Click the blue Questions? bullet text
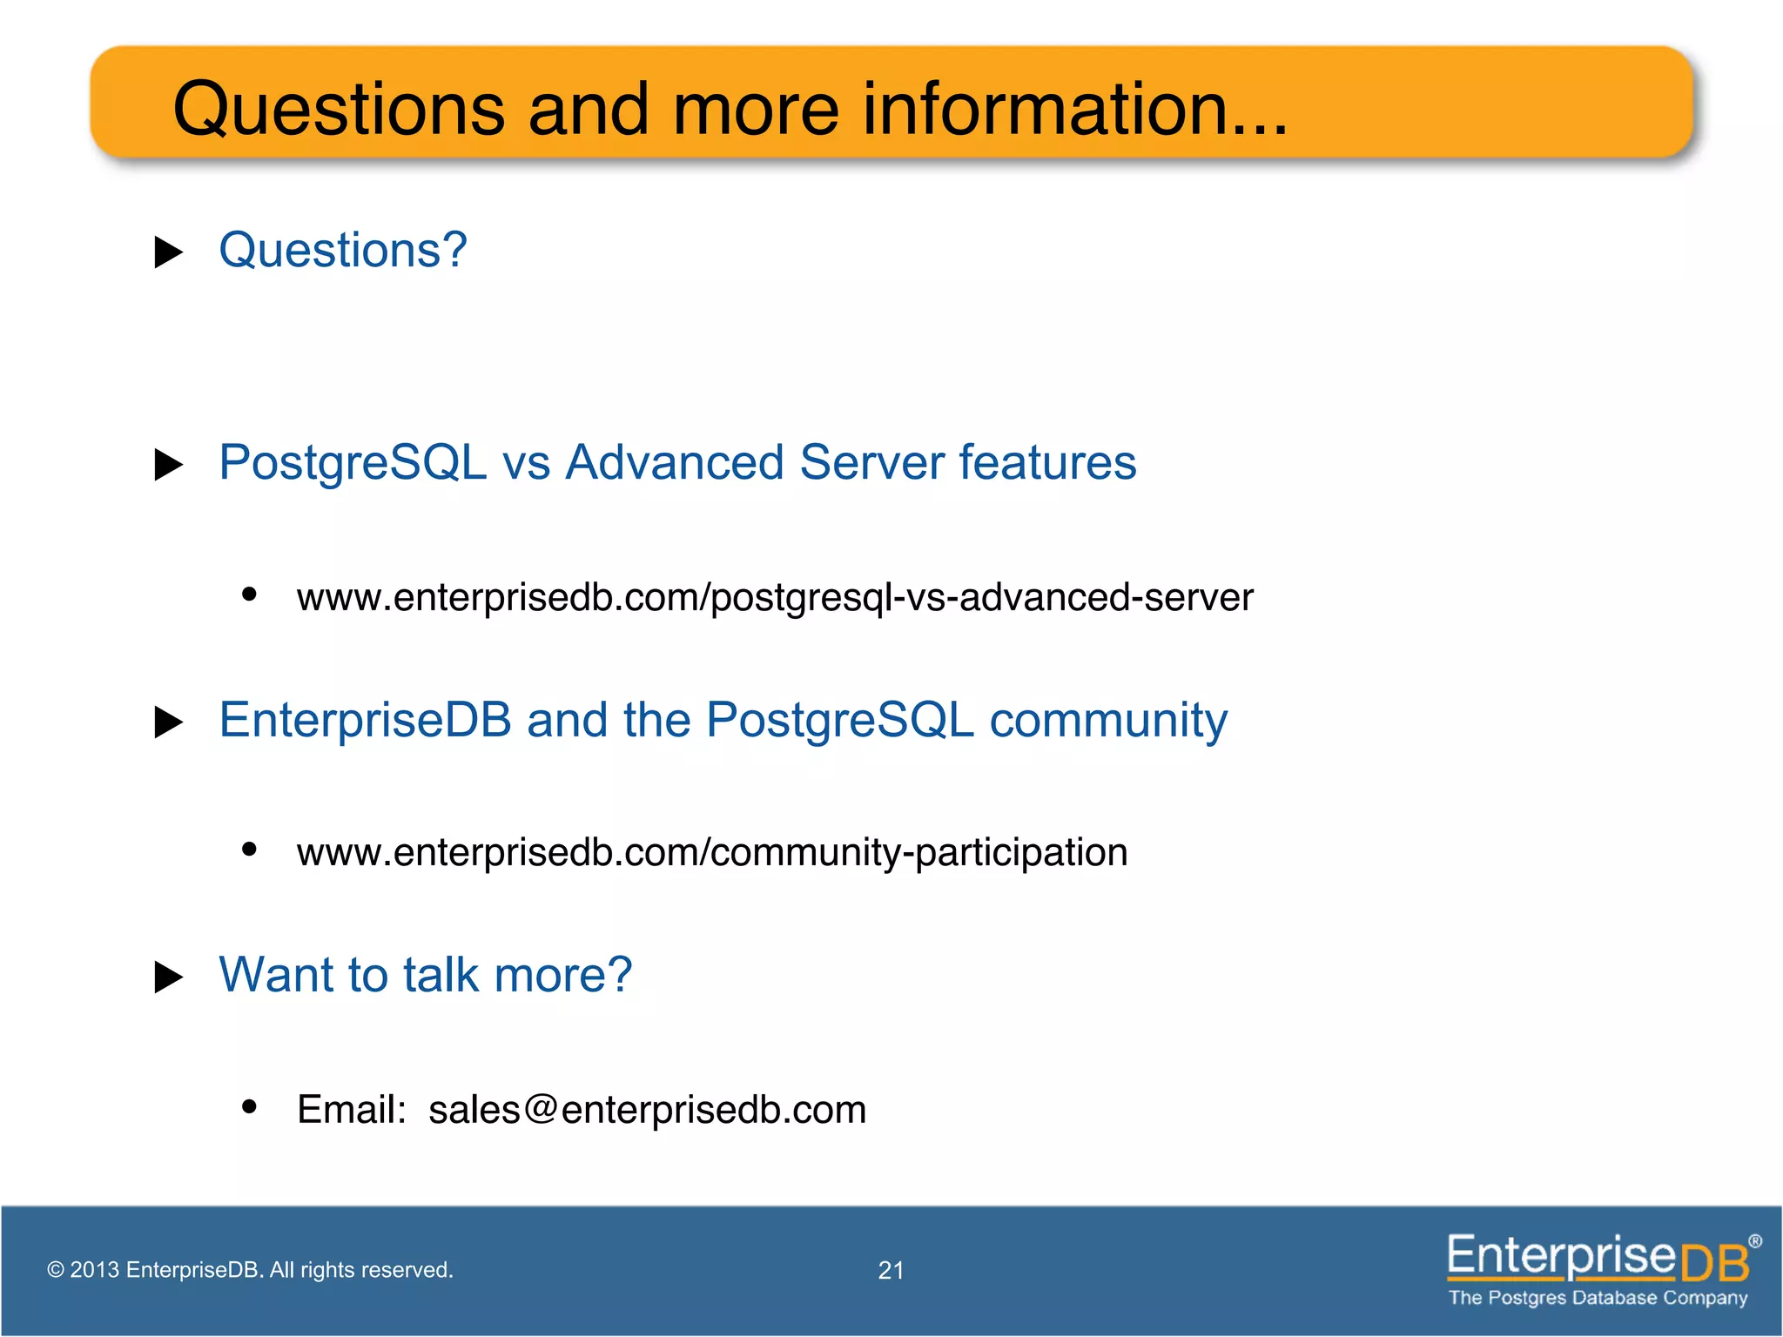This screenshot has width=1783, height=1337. pyautogui.click(x=343, y=251)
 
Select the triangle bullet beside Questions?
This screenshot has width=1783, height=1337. pyautogui.click(x=168, y=252)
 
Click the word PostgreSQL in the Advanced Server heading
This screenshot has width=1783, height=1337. pyautogui.click(x=353, y=462)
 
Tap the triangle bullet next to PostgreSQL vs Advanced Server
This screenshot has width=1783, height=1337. pyautogui.click(x=168, y=465)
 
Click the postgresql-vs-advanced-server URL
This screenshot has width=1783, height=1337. pyautogui.click(x=775, y=598)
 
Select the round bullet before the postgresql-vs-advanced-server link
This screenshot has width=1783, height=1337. pyautogui.click(x=250, y=594)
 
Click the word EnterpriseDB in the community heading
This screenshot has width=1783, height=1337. pyautogui.click(x=365, y=721)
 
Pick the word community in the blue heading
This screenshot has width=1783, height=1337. pyautogui.click(x=1108, y=721)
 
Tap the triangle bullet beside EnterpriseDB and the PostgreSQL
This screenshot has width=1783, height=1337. pyautogui.click(x=168, y=722)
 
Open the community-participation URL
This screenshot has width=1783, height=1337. pyautogui.click(x=712, y=852)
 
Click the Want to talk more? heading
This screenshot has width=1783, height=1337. pyautogui.click(x=425, y=975)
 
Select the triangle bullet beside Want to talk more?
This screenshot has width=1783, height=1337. pyautogui.click(x=168, y=978)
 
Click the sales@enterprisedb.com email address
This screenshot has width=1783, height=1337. pyautogui.click(x=647, y=1110)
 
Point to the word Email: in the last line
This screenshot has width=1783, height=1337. pyautogui.click(x=352, y=1110)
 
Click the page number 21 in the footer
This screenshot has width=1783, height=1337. pyautogui.click(x=891, y=1271)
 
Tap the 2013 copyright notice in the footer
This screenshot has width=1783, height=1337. pyautogui.click(x=250, y=1270)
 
